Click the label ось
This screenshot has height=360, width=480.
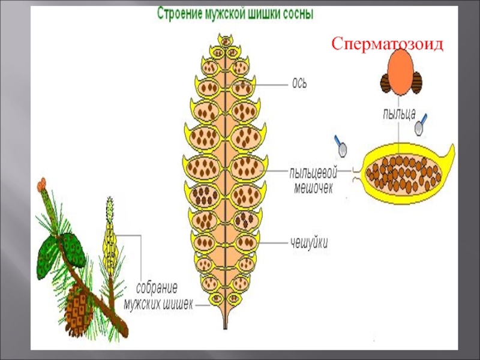299,83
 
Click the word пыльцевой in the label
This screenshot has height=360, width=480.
313,173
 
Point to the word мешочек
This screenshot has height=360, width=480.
313,187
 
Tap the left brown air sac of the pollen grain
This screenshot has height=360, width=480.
386,83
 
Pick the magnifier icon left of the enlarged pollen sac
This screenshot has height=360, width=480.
343,145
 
